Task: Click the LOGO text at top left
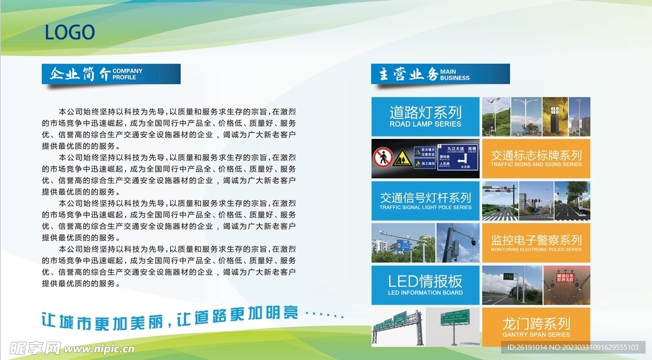(x=69, y=32)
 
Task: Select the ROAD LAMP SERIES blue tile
(x=425, y=116)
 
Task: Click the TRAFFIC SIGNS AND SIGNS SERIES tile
(x=536, y=158)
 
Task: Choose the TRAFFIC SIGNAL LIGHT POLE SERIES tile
(x=425, y=201)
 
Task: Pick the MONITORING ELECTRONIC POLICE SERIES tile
(x=536, y=243)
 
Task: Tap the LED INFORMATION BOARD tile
(x=425, y=284)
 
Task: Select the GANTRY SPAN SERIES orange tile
(x=536, y=327)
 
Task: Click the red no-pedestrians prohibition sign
(x=383, y=157)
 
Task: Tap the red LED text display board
(x=565, y=278)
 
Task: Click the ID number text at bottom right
(x=572, y=347)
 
